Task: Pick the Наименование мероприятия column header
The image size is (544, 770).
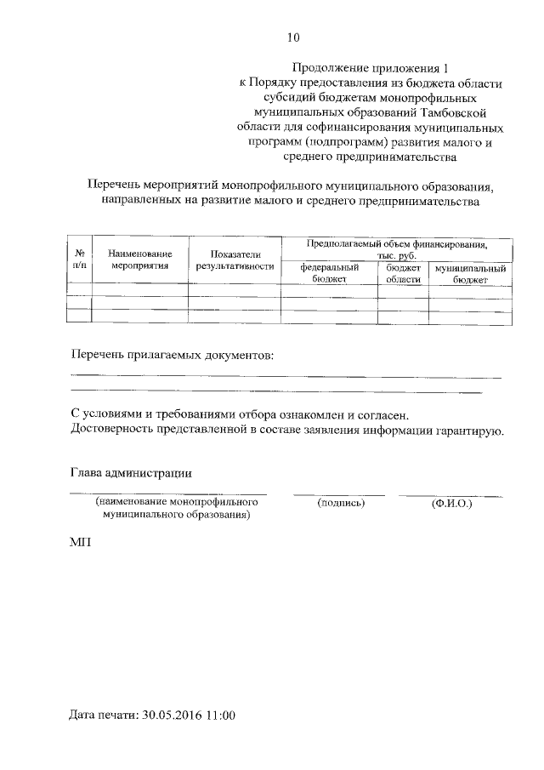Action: [140, 260]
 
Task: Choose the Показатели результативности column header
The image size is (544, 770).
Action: [235, 260]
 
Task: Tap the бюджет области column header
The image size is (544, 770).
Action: [404, 273]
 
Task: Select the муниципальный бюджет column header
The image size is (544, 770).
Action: [470, 273]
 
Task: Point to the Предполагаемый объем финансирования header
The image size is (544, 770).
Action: [397, 249]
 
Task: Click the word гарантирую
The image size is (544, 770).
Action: [473, 431]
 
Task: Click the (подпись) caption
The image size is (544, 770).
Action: [340, 504]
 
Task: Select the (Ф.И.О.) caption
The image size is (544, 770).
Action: [451, 504]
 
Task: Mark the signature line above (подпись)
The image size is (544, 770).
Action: [339, 494]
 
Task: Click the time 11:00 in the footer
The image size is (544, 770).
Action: [218, 716]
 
